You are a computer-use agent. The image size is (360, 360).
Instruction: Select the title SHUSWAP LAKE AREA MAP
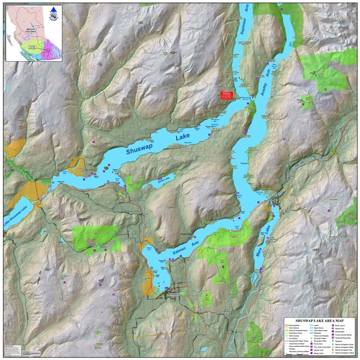click(x=320, y=320)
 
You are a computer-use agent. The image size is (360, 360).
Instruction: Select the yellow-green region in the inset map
click(x=30, y=45)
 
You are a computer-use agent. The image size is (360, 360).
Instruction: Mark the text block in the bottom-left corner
click(x=17, y=350)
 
